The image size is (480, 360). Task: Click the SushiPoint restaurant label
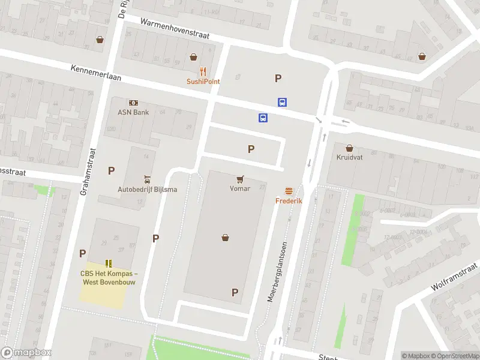[x=203, y=82]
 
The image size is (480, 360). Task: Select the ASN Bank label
[x=133, y=112]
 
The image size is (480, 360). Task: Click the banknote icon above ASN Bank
[x=133, y=103]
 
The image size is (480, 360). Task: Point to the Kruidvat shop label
[x=350, y=157]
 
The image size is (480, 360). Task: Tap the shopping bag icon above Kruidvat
[x=350, y=147]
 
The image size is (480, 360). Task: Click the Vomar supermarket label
[x=239, y=188]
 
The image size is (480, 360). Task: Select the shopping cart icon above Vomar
[x=240, y=178]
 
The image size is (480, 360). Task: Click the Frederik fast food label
[x=289, y=201]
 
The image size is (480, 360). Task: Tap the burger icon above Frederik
[x=289, y=191]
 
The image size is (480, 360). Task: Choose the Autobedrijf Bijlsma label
[x=147, y=190]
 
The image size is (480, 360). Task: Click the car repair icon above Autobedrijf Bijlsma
[x=147, y=179]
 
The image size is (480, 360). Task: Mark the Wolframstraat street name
[x=454, y=277]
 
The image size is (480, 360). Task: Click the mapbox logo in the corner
[x=26, y=353]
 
